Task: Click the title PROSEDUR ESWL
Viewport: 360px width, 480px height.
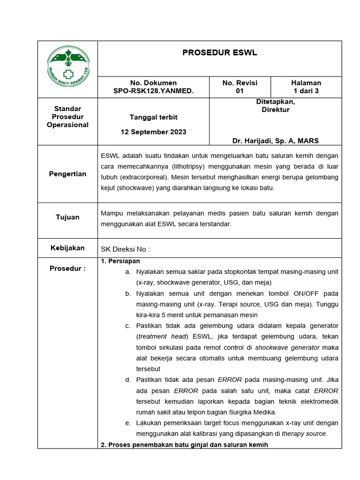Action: point(219,53)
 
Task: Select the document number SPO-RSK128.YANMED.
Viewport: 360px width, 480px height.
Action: point(153,91)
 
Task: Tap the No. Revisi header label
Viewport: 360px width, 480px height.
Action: point(240,82)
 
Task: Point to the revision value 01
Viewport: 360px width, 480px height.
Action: point(240,91)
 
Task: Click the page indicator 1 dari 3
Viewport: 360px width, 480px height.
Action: point(306,91)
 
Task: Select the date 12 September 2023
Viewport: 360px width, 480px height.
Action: point(153,132)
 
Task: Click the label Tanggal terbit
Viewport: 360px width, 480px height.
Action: point(153,117)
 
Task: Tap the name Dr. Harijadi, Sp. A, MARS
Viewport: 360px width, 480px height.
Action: point(276,141)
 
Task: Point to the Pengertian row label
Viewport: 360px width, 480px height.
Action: point(67,174)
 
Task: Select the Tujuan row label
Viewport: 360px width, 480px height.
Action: point(67,217)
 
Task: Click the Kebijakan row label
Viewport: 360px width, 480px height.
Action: point(67,248)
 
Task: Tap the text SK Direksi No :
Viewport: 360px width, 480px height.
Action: point(125,249)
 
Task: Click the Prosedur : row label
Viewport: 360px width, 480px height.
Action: point(67,269)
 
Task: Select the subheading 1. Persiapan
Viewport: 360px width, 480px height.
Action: point(120,261)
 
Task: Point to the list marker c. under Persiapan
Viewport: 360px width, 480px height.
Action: point(127,326)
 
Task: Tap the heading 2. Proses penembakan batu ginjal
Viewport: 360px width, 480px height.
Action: point(184,444)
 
